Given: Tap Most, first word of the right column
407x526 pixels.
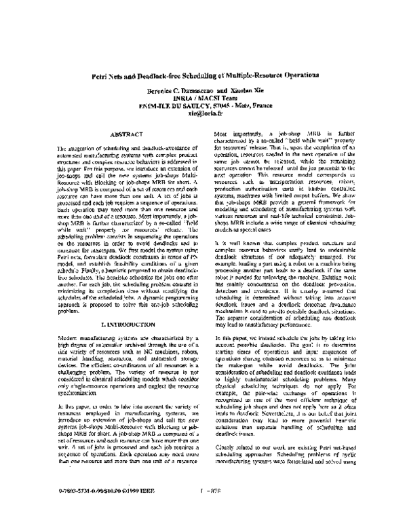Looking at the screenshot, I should click(222, 134).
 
